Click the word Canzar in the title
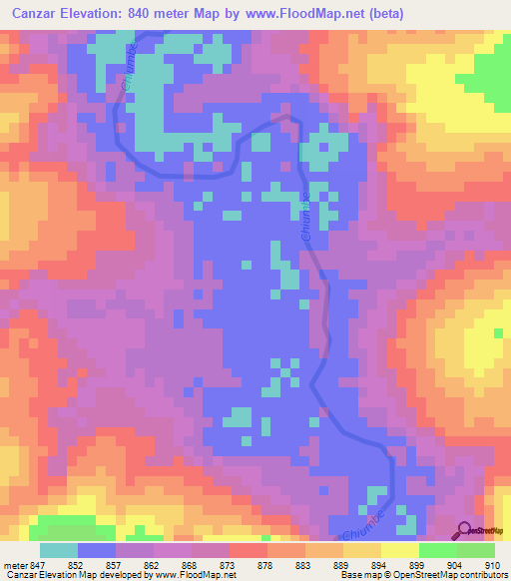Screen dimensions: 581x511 pyautogui.click(x=40, y=14)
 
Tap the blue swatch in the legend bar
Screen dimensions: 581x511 pyautogui.click(x=97, y=551)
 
